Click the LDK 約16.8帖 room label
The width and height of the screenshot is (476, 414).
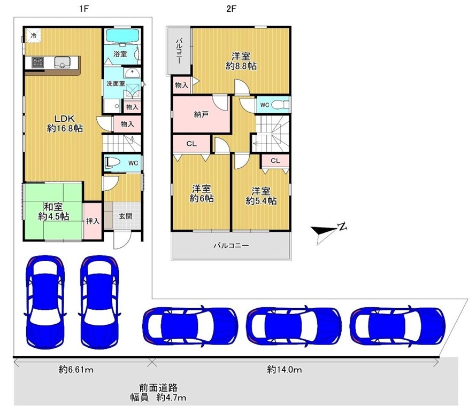(65, 123)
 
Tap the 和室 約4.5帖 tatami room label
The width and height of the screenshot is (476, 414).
(53, 212)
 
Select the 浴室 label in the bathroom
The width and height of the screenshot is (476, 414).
(120, 54)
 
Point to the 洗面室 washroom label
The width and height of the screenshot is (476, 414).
(116, 83)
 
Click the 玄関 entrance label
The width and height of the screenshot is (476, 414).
(125, 216)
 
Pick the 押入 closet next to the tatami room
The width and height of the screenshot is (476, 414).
(93, 221)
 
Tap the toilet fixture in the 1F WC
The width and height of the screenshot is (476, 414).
(112, 163)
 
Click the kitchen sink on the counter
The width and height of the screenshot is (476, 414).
(62, 63)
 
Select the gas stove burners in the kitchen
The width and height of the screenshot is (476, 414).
(37, 62)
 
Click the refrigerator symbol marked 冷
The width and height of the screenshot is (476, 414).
(33, 35)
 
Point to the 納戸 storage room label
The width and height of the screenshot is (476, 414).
(201, 115)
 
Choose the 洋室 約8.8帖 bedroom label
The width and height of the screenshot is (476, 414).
(241, 61)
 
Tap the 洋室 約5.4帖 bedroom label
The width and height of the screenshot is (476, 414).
(261, 196)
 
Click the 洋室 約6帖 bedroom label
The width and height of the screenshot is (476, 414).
(202, 193)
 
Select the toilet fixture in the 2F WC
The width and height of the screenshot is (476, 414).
(280, 105)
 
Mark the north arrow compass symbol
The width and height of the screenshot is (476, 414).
(328, 231)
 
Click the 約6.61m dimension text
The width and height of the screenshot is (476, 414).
(76, 370)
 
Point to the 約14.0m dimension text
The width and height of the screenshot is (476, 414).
(285, 369)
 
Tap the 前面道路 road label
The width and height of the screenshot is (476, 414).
(158, 387)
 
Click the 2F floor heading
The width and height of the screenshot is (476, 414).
(231, 9)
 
